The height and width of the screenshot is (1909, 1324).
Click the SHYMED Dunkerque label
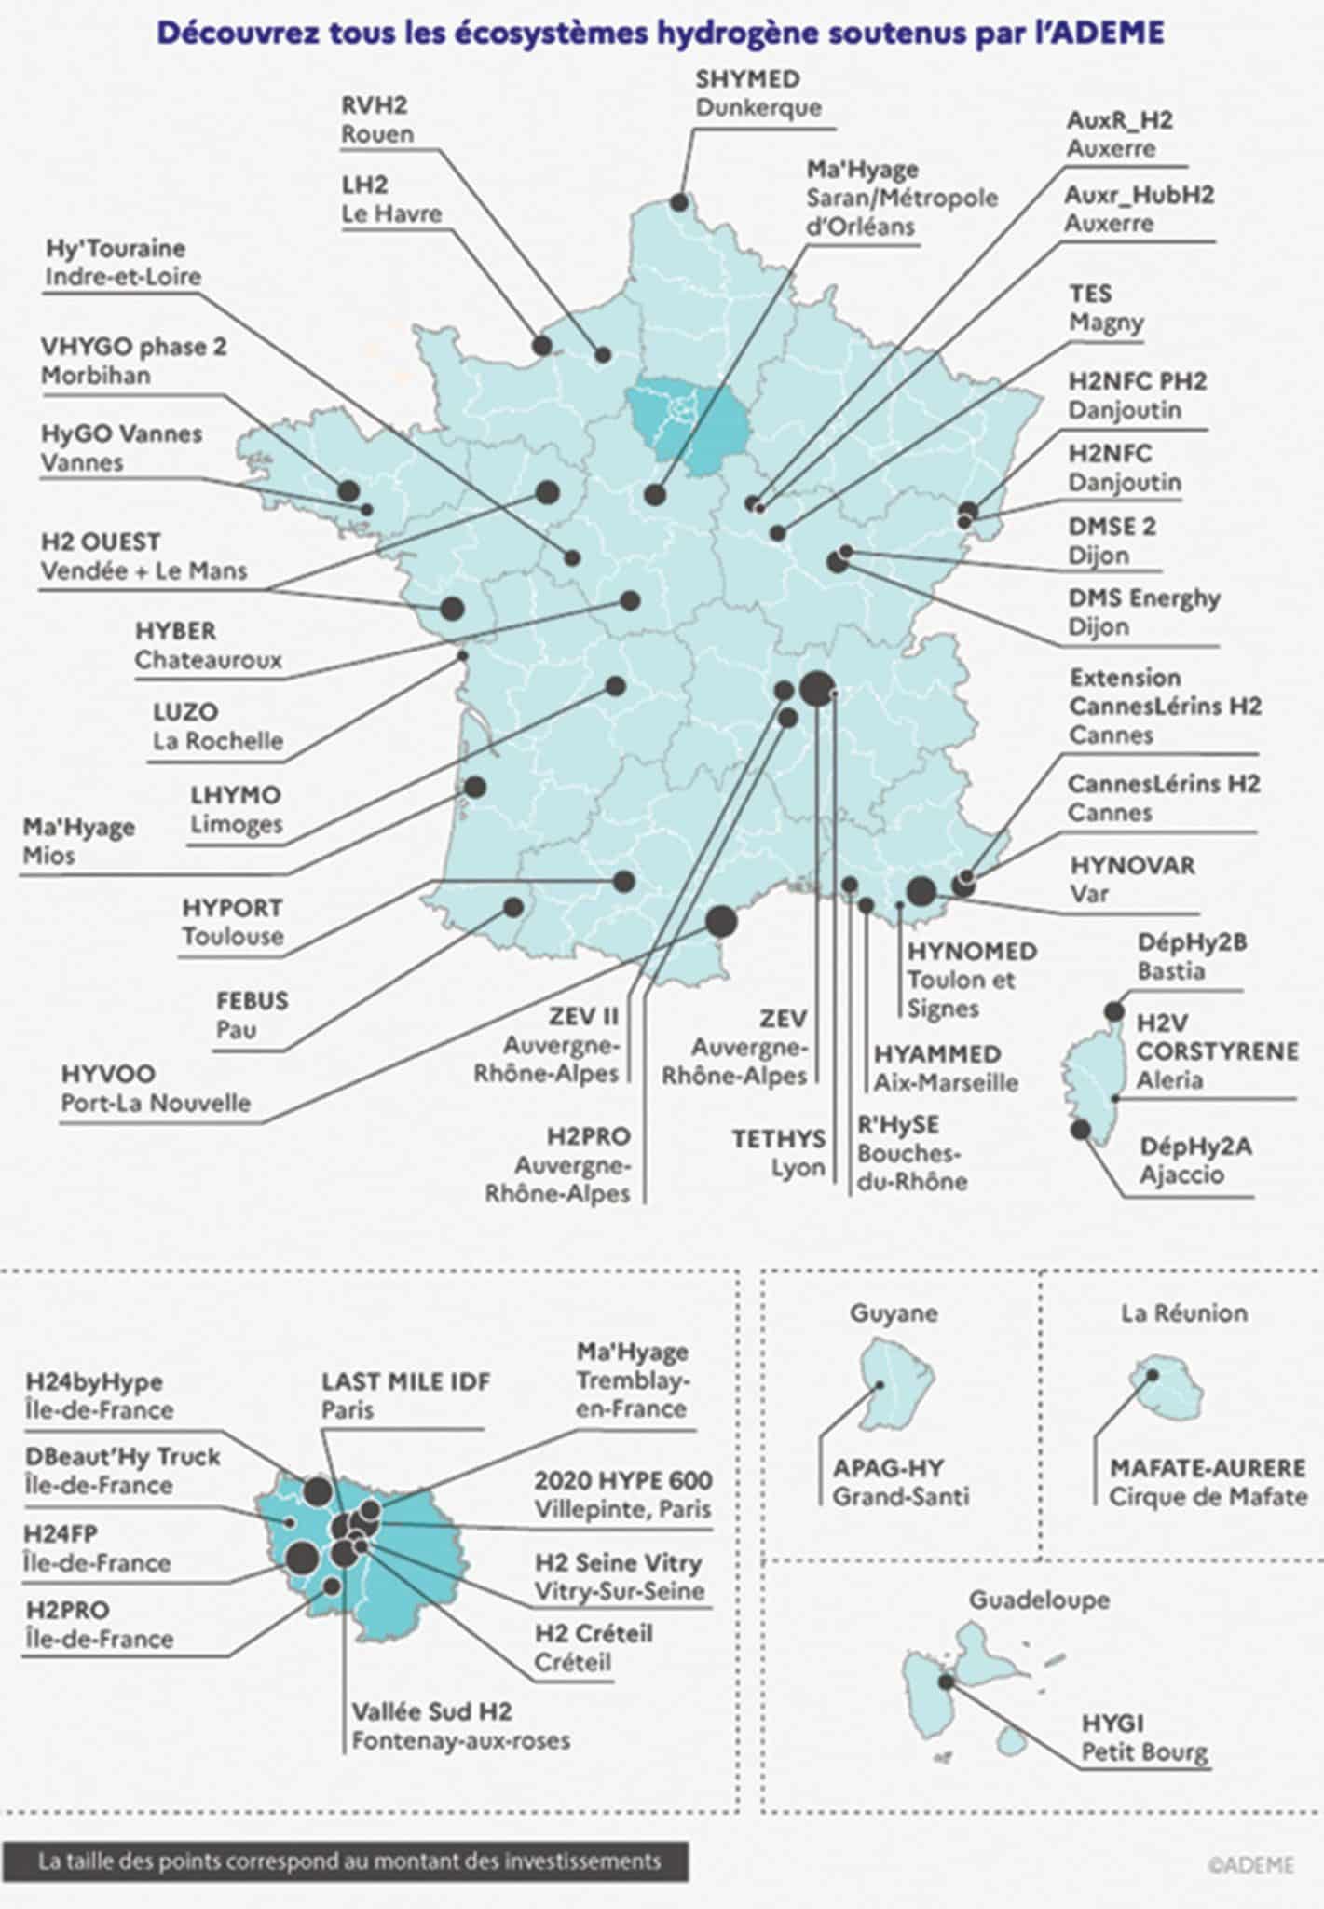[758, 93]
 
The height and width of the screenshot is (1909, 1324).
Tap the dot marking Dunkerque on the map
[679, 202]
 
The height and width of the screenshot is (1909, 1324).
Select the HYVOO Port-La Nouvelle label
[156, 1089]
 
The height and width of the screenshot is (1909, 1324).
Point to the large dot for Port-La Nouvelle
[720, 921]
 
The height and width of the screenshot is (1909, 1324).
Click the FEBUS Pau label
[252, 1015]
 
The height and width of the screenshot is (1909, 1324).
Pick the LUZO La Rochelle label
[218, 727]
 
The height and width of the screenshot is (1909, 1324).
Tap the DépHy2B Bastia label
[1191, 956]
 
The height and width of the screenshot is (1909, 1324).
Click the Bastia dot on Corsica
[1113, 1011]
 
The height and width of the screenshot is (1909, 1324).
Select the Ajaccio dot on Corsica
[1081, 1130]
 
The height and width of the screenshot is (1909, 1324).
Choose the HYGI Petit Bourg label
[1143, 1737]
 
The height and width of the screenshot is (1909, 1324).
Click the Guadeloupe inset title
[1039, 1600]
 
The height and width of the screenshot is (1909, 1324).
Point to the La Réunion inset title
[1183, 1313]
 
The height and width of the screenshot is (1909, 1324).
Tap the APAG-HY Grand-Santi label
[900, 1482]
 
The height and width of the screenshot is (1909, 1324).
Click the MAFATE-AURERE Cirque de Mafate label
[1208, 1482]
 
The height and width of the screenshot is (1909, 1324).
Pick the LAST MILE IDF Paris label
[405, 1395]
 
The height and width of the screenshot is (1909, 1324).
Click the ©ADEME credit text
[1250, 1864]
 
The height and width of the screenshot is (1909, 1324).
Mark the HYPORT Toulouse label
[232, 922]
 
